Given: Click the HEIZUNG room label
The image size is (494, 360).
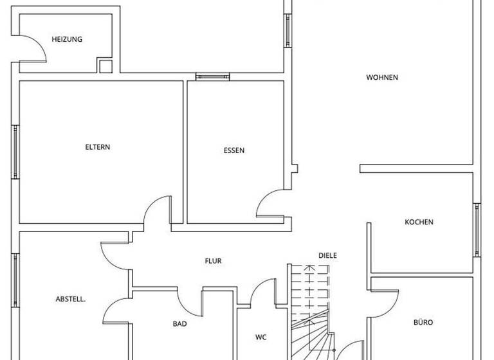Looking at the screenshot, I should coord(67,39).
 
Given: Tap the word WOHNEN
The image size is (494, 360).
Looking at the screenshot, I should coord(382,78).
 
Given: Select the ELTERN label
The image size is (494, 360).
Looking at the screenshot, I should coord(98,147).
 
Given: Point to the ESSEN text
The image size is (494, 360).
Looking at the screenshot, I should coord(234,151).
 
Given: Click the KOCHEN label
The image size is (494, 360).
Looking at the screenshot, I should coord(419,222).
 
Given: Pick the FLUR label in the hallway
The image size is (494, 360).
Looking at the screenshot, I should coord(214,261).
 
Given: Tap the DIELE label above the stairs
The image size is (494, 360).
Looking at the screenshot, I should coord(327,255).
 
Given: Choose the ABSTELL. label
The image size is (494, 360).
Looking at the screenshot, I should coord(71,299).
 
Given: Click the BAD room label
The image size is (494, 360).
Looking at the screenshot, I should coord(179,324).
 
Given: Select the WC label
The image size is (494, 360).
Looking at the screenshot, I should coord(261,337).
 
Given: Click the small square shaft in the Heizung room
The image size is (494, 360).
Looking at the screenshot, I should coord(105,66).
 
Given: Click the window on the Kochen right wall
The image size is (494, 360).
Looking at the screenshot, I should coord(477,230).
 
